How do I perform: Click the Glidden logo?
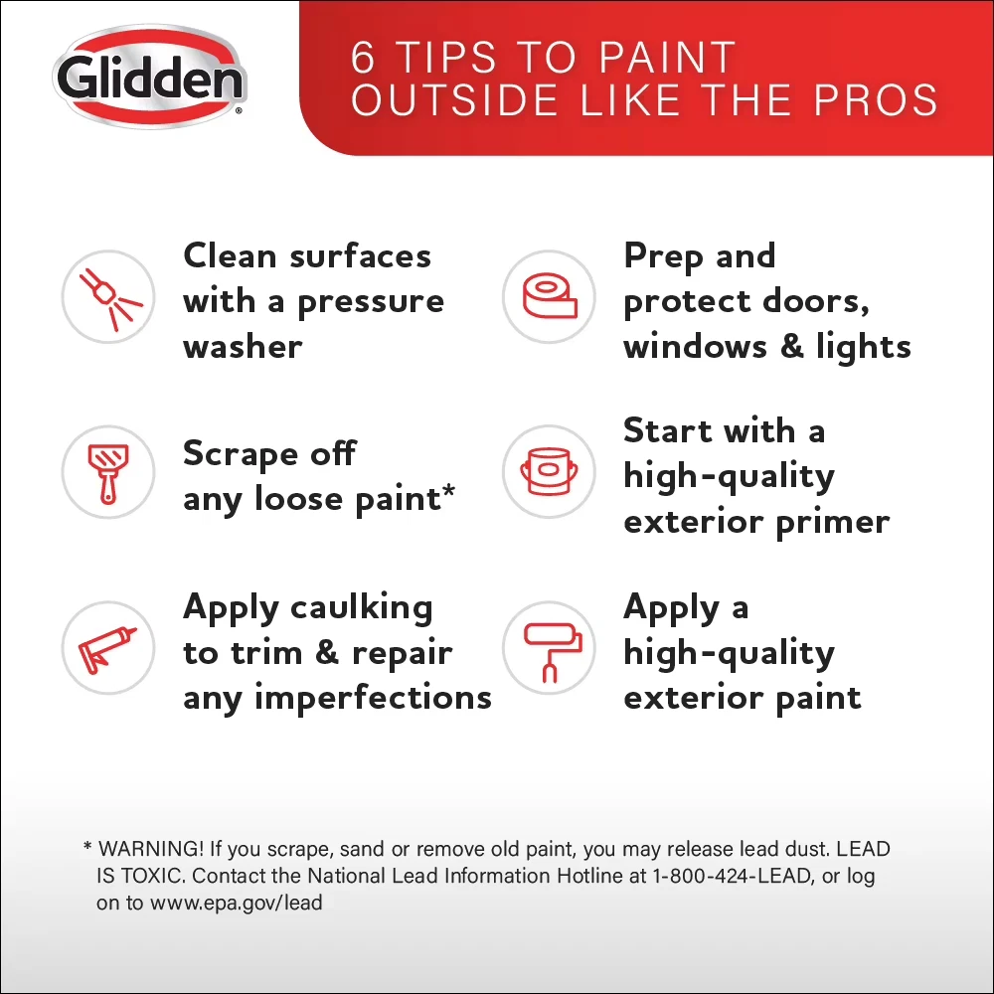(x=150, y=77)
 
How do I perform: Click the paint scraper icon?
(x=108, y=472)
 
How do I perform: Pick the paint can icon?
(x=549, y=472)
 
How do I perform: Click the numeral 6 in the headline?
(x=363, y=58)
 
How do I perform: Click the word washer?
(x=243, y=347)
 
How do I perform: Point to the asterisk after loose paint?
(x=449, y=491)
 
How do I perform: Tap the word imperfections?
(x=374, y=699)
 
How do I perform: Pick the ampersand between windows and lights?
(x=792, y=346)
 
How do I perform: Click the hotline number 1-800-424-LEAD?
(x=733, y=876)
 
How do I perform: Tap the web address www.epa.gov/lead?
(x=236, y=904)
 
